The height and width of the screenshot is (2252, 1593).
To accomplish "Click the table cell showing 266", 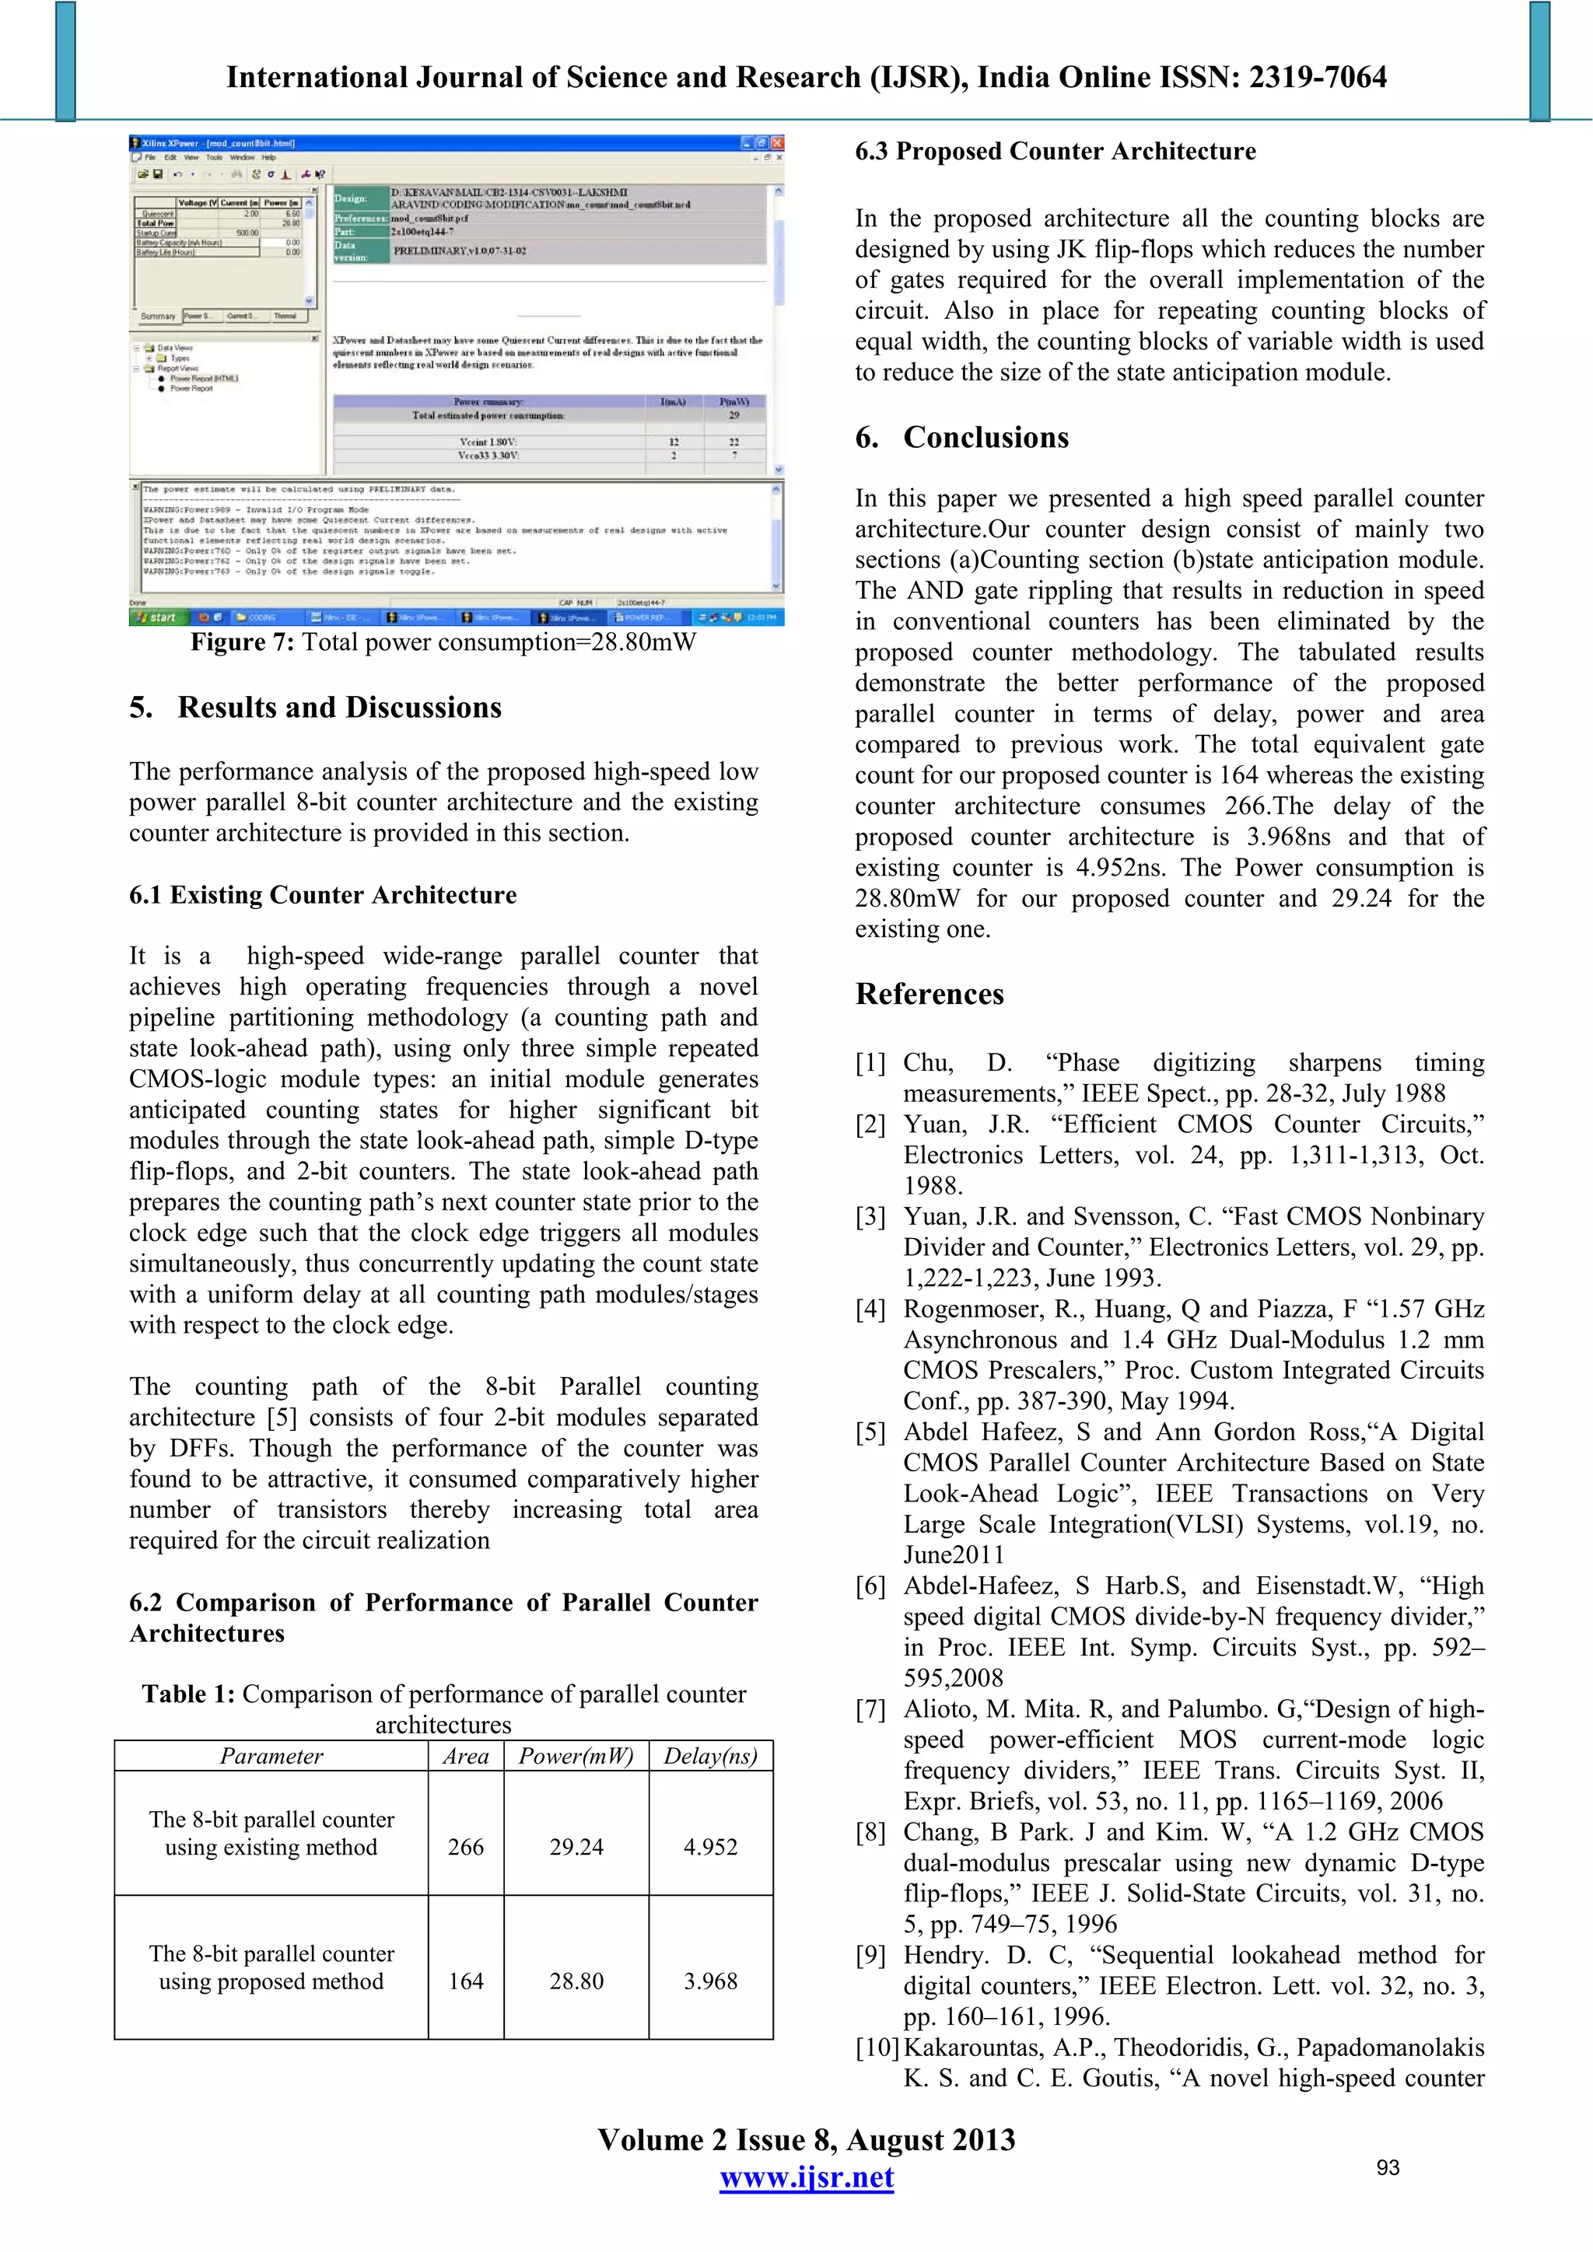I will point(466,1847).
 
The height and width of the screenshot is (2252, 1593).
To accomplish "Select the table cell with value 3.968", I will point(710,1981).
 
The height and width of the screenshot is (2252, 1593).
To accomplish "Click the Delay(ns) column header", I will point(710,1756).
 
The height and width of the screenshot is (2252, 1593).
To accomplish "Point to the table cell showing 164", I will point(466,1981).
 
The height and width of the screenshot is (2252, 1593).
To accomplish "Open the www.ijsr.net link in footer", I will point(807,2177).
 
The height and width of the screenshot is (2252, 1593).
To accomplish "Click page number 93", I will point(1387,2168).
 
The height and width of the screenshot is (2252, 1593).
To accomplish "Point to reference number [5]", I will point(870,1432).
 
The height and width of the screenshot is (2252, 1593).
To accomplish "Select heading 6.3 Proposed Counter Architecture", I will point(1055,151).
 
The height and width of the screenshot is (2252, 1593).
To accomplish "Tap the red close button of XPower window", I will point(777,142).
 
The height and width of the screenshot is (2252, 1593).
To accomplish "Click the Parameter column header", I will point(271,1756).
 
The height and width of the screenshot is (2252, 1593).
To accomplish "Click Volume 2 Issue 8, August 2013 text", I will point(807,2139).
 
